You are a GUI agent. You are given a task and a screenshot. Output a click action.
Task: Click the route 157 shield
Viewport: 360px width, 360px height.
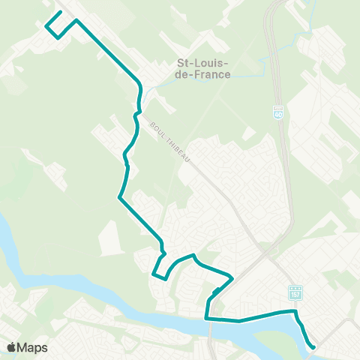(x=295, y=291)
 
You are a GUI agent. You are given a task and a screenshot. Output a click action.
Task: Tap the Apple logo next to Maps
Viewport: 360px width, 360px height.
(x=11, y=347)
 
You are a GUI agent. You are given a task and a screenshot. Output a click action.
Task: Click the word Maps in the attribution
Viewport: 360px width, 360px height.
(x=32, y=347)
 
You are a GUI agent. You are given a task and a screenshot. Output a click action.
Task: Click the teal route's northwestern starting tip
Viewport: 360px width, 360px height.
(x=60, y=13)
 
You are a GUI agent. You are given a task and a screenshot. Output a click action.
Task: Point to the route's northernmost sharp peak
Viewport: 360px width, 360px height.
(x=76, y=19)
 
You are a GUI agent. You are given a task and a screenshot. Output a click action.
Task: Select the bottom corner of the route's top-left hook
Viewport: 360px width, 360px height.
(x=58, y=36)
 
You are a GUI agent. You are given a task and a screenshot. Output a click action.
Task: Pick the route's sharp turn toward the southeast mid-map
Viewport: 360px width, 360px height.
(x=118, y=198)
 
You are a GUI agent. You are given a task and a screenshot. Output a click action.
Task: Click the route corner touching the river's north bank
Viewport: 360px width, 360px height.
(x=207, y=319)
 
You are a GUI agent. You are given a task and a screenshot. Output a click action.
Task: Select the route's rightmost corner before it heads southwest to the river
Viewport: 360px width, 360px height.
(x=232, y=278)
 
